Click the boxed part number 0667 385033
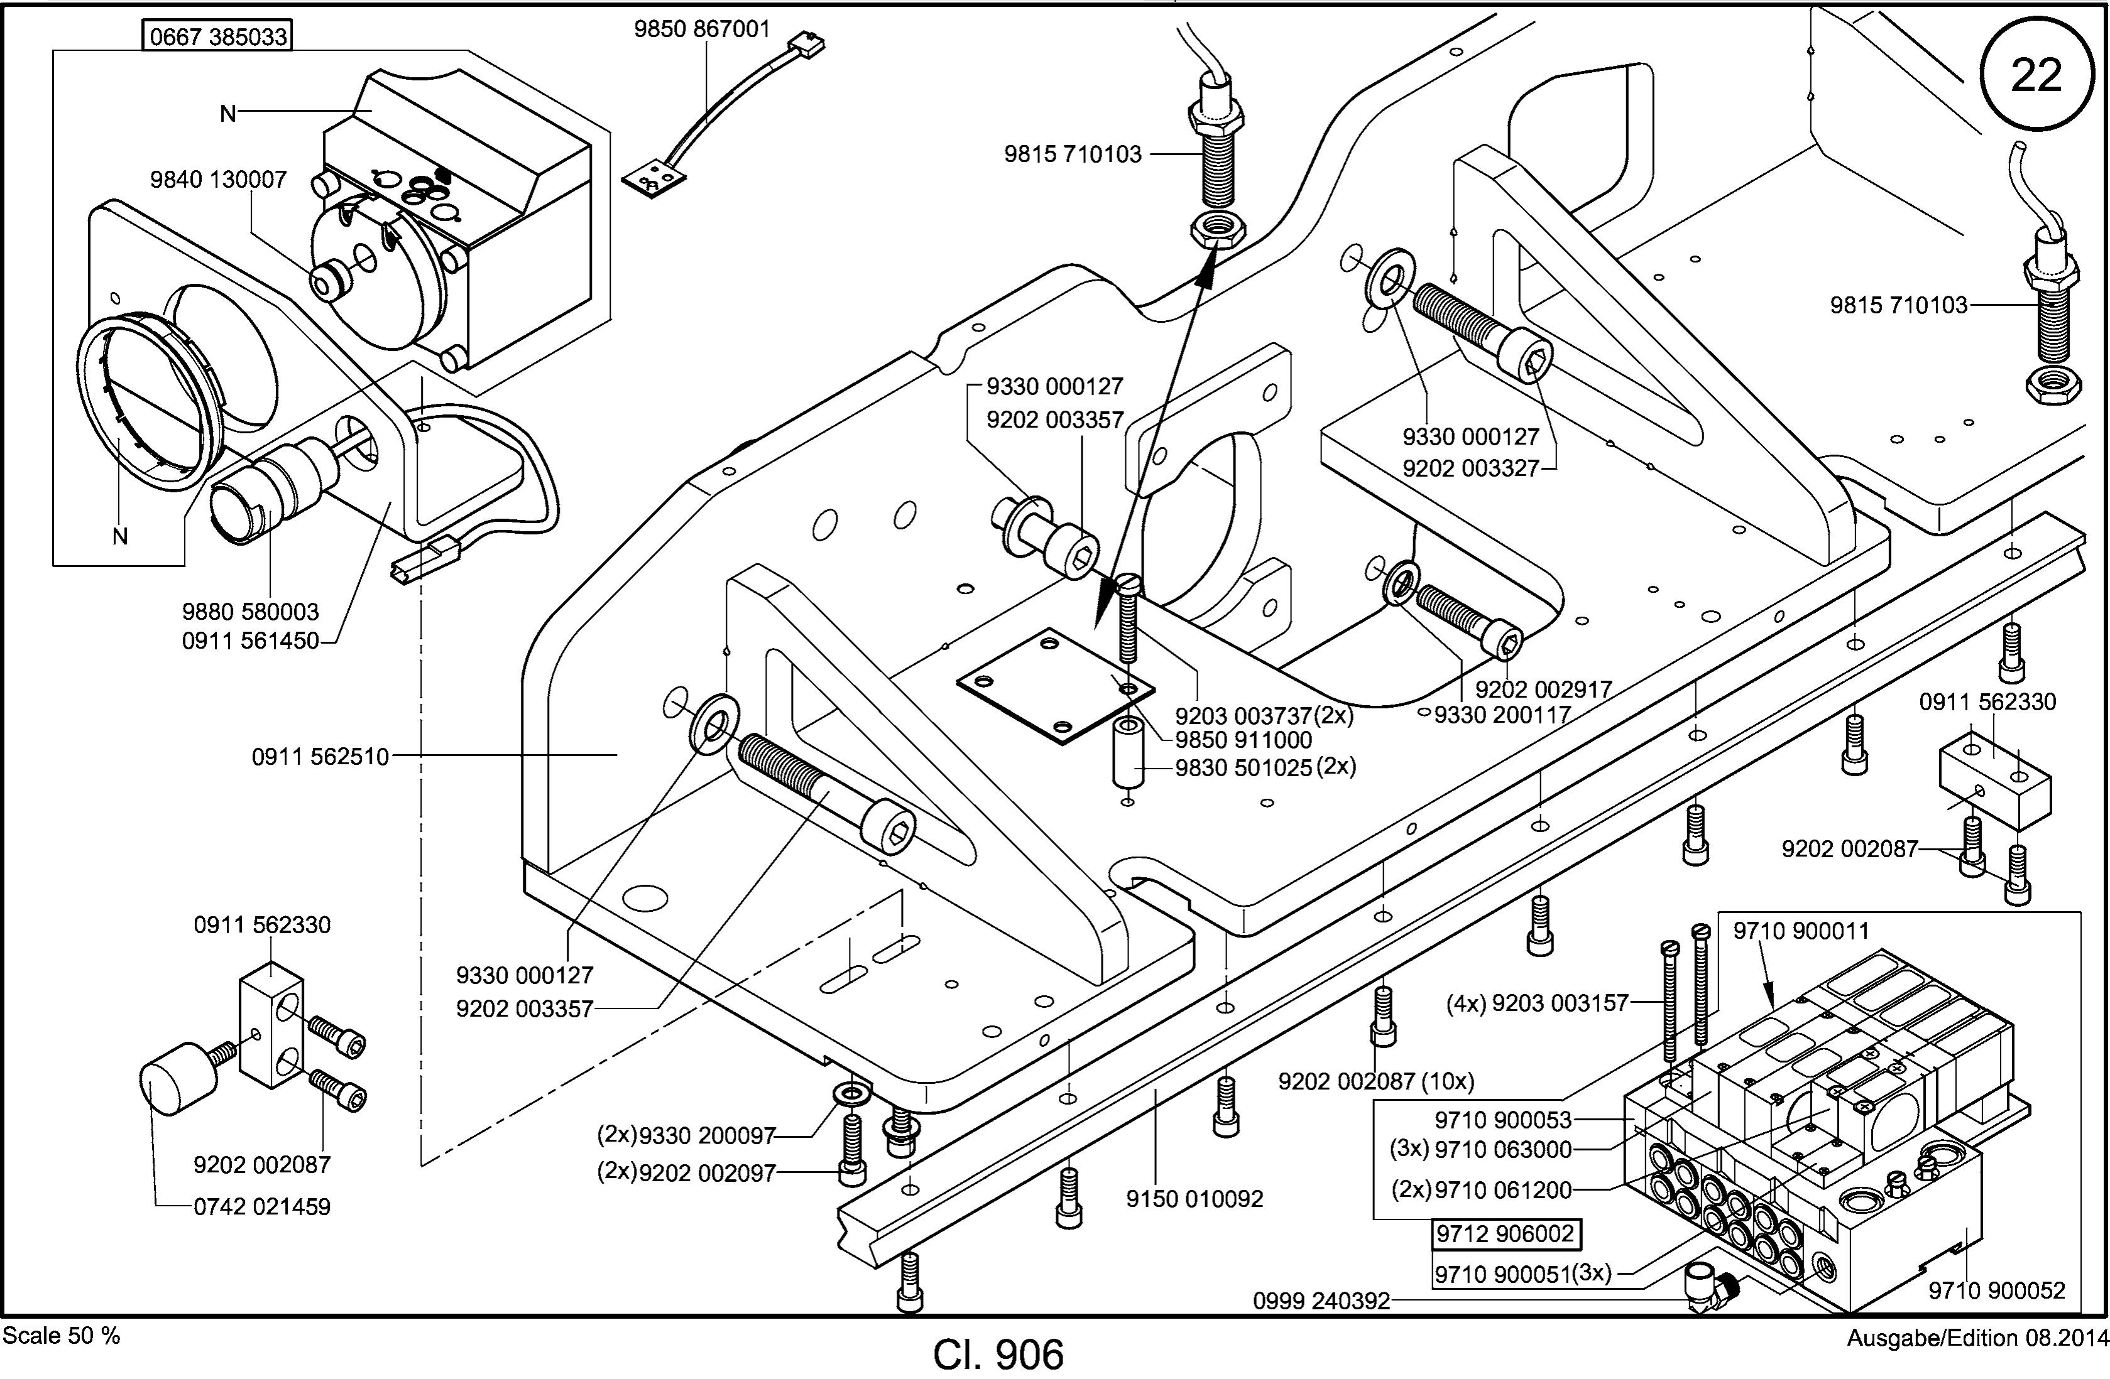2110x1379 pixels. (218, 36)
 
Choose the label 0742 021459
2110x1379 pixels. (263, 1206)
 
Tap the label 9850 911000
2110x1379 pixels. (1244, 739)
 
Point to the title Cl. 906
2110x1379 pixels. (998, 1354)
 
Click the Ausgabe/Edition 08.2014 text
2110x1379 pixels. (1976, 1338)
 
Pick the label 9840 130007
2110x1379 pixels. (218, 179)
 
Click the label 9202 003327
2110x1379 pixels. (1471, 468)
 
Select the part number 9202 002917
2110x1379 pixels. (1543, 689)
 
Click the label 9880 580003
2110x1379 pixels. (250, 612)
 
